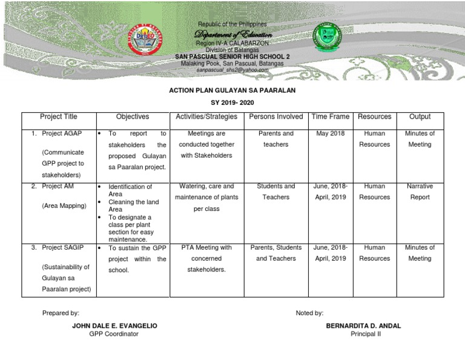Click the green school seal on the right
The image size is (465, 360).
coord(328,39)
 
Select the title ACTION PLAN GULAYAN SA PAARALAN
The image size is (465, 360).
coord(232,90)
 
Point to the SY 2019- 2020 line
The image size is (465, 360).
coord(232,103)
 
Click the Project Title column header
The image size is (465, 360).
coord(58,116)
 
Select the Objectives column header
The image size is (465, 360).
coord(132,116)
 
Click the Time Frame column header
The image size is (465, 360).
coord(330,116)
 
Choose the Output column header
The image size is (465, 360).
coord(420,116)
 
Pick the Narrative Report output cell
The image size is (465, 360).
coord(420,192)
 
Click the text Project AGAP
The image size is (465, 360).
coord(60,133)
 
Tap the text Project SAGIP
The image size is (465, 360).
coord(62,247)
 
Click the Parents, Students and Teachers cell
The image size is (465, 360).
coord(276,253)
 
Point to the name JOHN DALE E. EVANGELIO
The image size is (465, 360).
coord(114,325)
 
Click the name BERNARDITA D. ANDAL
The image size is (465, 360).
coord(363,325)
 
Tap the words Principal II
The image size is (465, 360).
coord(366,334)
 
